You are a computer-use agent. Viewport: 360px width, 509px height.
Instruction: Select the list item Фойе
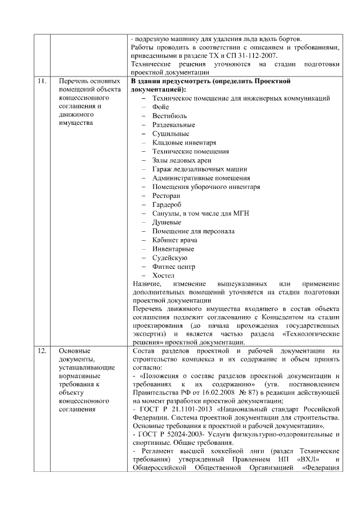(x=160, y=107)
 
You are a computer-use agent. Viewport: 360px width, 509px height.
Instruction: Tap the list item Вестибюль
(x=167, y=116)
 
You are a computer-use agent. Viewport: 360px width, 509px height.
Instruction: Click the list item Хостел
(x=163, y=276)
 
